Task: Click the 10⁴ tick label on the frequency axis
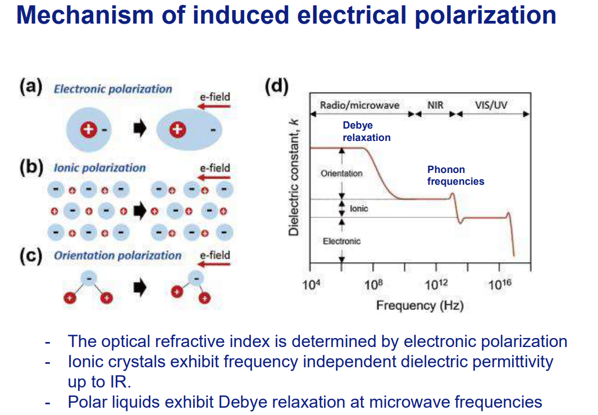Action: tap(311, 285)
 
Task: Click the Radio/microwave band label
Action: tap(360, 105)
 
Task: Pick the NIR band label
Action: tap(435, 105)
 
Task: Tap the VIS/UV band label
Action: tap(491, 105)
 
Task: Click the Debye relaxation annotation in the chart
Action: tap(366, 131)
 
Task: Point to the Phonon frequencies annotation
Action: tap(455, 175)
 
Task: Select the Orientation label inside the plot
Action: tap(341, 174)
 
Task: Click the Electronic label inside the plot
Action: tap(341, 241)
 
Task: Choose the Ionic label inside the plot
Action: tap(359, 208)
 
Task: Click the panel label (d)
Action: tap(276, 86)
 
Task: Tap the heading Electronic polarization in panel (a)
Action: tap(113, 89)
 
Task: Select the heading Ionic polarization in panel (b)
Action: tap(99, 167)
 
